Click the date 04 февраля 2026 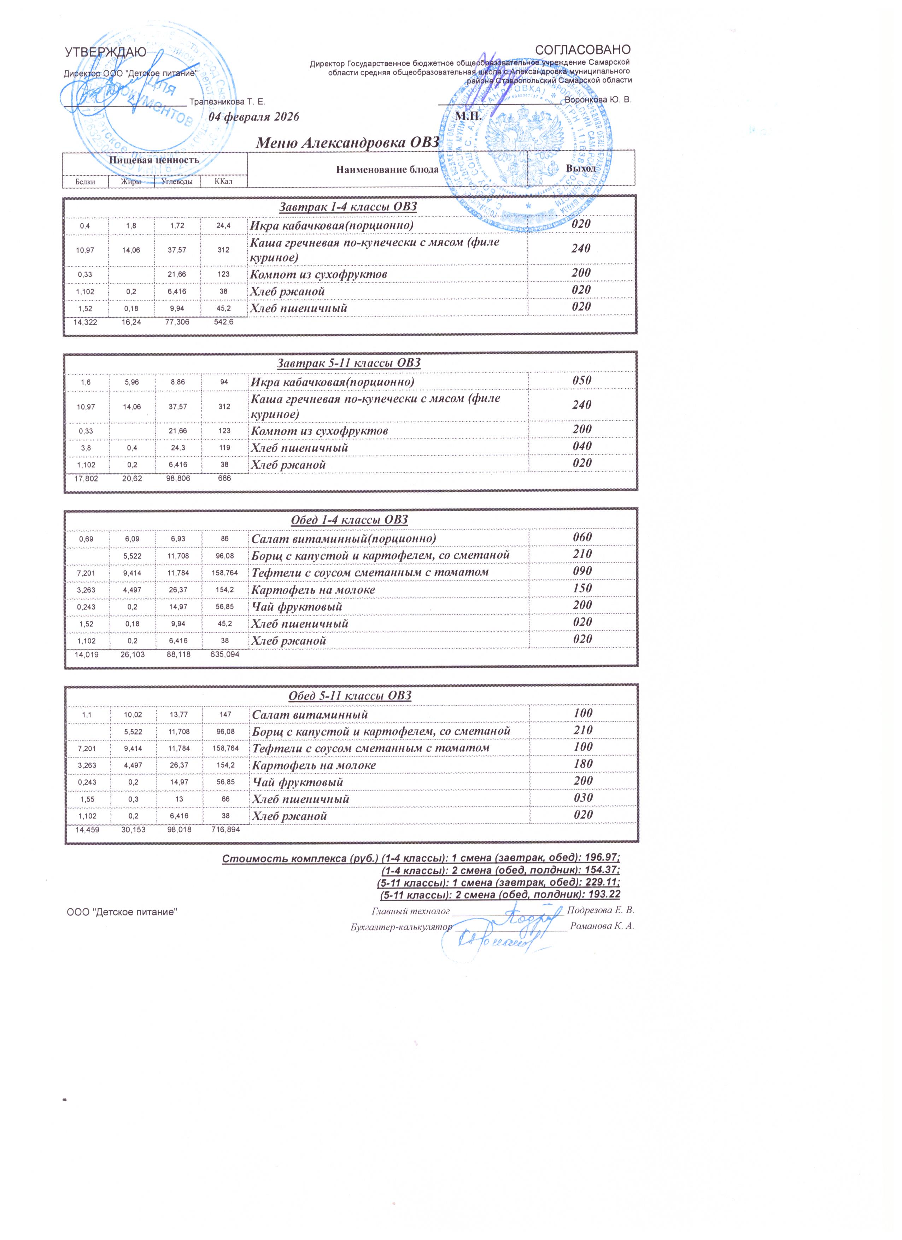point(254,118)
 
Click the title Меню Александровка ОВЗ point(348,142)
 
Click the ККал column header point(224,181)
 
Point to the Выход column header point(581,169)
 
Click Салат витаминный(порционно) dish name point(344,538)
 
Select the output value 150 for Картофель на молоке point(582,589)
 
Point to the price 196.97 point(601,858)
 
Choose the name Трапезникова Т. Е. point(227,102)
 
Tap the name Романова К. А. point(601,926)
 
